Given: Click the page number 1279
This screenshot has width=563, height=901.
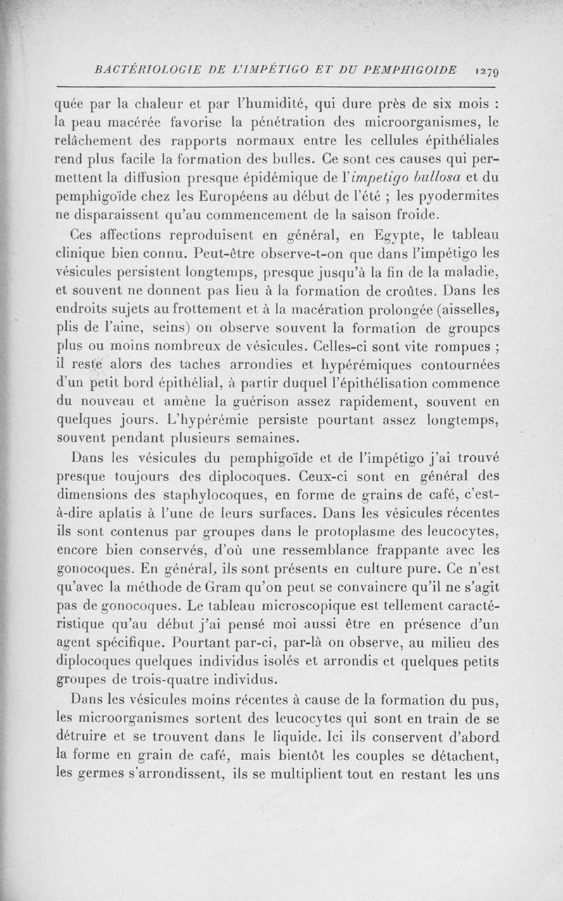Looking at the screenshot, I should tap(486, 70).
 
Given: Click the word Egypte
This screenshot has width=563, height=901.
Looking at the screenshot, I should tap(397, 235).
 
